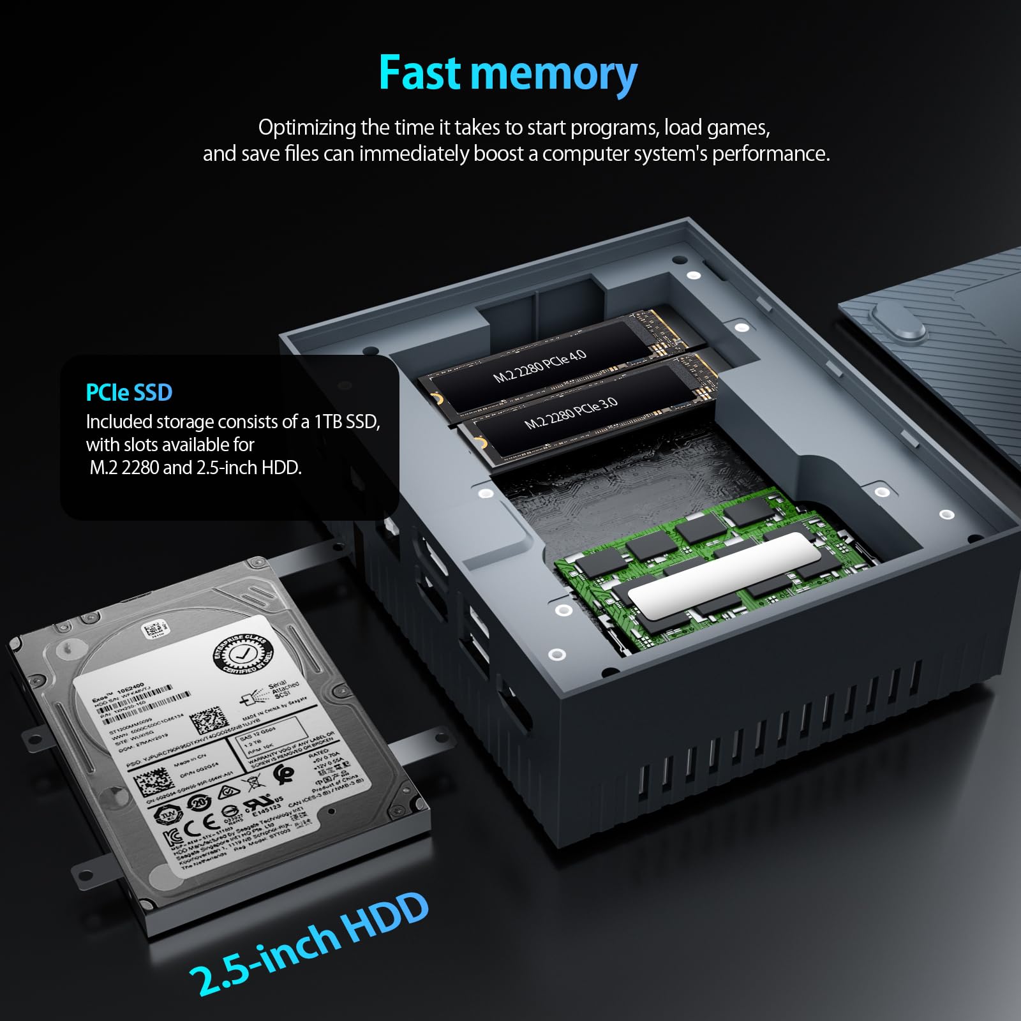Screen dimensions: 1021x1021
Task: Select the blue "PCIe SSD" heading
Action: coord(129,392)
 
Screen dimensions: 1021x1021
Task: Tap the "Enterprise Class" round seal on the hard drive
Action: coord(242,653)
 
